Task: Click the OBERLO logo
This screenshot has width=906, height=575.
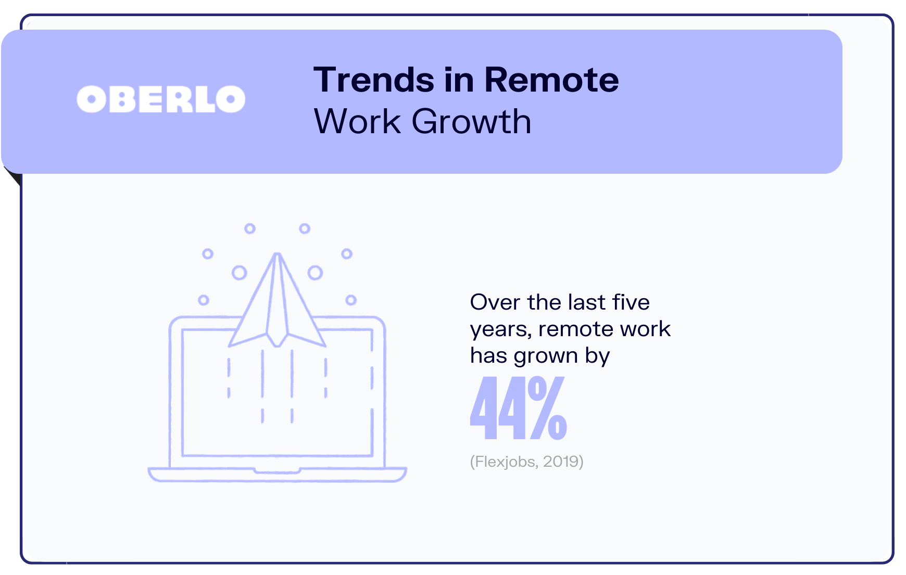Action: coord(161,99)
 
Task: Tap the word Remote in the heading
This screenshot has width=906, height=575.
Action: coord(551,80)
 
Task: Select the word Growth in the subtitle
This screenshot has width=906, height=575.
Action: coord(471,122)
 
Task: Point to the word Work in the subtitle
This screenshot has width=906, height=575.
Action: coord(357,122)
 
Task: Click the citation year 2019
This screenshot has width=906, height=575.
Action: coord(561,462)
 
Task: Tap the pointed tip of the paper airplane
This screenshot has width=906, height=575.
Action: coord(278,253)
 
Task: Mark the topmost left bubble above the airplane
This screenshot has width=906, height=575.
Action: coord(250,228)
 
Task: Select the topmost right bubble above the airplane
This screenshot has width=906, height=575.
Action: coord(305,228)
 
